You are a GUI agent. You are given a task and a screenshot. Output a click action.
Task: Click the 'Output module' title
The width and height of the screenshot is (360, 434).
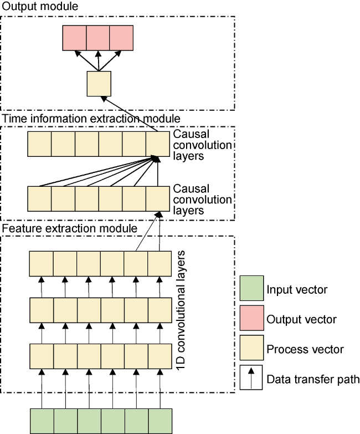coord(40,6)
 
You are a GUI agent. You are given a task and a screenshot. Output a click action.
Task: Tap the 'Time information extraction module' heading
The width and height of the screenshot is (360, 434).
coord(91,119)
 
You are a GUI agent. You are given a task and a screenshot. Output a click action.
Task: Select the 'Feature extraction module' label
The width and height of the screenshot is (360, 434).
coord(70,228)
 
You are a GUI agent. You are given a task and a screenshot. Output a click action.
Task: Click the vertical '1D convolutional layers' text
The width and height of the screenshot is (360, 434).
coord(181,310)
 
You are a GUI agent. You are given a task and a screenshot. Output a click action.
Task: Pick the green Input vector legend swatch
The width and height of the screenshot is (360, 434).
coord(251,288)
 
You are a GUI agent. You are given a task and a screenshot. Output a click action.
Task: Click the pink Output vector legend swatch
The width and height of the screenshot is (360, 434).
coord(251,318)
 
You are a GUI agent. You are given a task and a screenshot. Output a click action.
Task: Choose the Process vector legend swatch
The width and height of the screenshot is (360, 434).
coord(251,348)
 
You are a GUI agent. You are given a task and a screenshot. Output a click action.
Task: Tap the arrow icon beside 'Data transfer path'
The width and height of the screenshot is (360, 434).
coord(251,377)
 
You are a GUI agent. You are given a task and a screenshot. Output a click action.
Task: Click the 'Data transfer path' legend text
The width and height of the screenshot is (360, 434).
coord(313,379)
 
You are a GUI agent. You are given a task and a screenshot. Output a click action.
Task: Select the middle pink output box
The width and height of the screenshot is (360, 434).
coord(98,38)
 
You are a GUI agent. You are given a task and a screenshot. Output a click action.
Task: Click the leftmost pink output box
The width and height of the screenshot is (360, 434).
coord(74,38)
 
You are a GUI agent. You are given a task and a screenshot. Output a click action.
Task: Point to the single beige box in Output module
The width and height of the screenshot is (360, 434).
coord(99,84)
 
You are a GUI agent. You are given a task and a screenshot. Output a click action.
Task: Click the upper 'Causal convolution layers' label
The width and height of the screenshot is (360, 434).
coord(202,145)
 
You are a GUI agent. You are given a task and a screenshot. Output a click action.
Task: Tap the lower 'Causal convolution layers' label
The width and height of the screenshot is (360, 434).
coord(202,200)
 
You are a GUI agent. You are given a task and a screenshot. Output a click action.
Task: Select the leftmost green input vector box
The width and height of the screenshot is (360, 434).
coord(42,421)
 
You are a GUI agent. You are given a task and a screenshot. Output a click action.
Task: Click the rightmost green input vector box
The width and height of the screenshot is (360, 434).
coord(160,421)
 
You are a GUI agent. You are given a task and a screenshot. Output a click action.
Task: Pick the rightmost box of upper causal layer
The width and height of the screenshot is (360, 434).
coord(158,144)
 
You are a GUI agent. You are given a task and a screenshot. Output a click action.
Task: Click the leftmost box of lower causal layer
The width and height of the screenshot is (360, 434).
coord(39,199)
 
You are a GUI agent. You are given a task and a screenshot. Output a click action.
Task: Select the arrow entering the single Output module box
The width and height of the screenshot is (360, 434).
coord(130,114)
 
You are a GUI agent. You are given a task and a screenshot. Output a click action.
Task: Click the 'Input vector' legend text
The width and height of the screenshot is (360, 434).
coord(297,289)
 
